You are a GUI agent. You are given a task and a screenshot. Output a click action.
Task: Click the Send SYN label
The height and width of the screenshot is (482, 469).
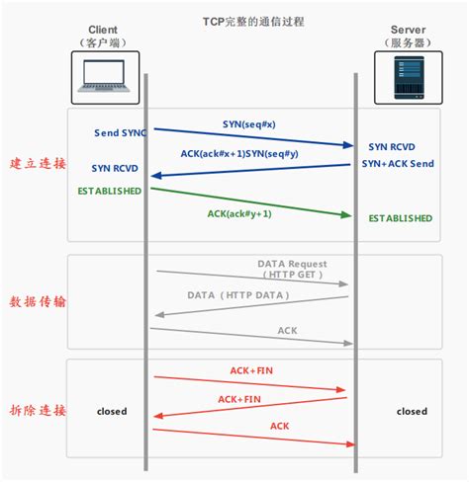pos(120,131)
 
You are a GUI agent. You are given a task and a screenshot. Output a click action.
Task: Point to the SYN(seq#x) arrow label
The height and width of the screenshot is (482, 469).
pos(250,124)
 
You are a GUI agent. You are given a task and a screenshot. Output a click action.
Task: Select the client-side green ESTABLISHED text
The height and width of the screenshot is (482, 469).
pos(110,190)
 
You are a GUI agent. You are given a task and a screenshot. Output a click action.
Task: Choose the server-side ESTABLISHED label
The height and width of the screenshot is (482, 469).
pos(400,217)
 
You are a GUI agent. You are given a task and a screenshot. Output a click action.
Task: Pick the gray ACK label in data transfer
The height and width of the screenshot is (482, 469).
pos(287,331)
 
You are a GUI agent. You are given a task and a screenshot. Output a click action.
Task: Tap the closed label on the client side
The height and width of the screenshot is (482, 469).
pos(112,411)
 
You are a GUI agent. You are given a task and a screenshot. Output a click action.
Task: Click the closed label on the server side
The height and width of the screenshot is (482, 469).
pos(412,411)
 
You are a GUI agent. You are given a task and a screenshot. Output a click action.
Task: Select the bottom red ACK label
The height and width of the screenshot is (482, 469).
pos(279,426)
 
